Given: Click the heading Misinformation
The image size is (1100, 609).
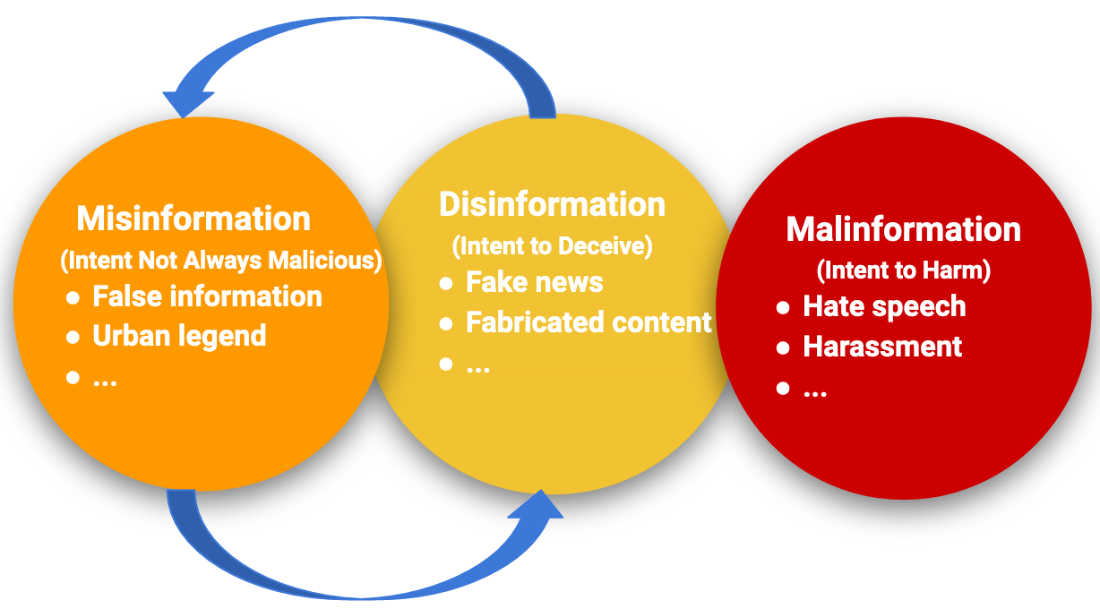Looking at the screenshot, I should [x=193, y=219].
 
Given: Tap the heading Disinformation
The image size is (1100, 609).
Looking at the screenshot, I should [x=552, y=204].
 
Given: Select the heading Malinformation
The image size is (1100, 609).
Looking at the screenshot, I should [x=903, y=229].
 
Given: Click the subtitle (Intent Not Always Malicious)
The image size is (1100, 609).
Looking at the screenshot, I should [x=221, y=261].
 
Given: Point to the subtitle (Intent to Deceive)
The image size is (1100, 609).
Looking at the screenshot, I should [x=552, y=244].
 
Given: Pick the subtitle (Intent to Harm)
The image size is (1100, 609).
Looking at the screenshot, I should [x=904, y=270].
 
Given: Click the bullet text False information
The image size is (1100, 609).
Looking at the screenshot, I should [x=207, y=296].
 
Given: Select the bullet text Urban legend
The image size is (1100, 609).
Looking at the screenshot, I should [x=179, y=336].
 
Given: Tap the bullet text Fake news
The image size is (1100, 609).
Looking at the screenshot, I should [x=534, y=282].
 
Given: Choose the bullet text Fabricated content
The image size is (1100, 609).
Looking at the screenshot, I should [x=589, y=322].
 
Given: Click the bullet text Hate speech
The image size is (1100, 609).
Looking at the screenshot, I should [x=884, y=306].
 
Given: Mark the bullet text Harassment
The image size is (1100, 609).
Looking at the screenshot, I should [x=882, y=347].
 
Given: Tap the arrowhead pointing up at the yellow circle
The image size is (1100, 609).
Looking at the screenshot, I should [x=540, y=505].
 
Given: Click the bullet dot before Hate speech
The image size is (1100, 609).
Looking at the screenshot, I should [x=783, y=307].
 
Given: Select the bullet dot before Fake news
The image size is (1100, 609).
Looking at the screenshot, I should [x=446, y=283].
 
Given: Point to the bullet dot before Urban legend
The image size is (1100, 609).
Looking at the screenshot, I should [x=73, y=337].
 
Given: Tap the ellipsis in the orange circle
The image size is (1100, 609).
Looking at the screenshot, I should [x=105, y=381].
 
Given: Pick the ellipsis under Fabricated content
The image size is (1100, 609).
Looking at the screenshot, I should [x=477, y=368].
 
